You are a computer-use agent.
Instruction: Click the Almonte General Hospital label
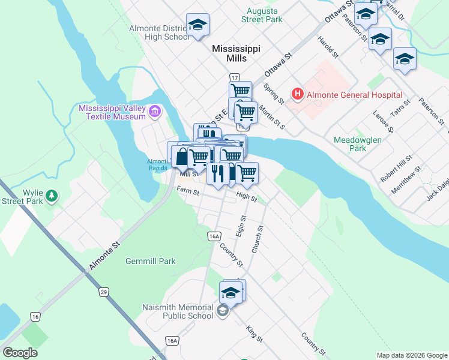tap(354, 95)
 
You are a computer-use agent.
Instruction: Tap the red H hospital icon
tap(297, 94)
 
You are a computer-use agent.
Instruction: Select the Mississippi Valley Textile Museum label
tap(112, 112)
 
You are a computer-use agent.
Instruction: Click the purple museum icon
tap(156, 112)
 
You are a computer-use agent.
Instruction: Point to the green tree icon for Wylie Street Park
tap(52, 196)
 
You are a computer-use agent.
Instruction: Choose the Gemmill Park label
tap(151, 261)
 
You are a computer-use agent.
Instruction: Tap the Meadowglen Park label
tap(358, 143)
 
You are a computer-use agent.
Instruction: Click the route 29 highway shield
tap(104, 292)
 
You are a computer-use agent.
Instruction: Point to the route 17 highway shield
tap(234, 77)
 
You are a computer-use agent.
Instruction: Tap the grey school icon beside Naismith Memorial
tap(223, 310)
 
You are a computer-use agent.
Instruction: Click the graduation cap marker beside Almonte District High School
tap(197, 25)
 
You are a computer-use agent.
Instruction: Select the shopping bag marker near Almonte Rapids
tap(181, 156)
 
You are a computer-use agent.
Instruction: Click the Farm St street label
tap(187, 190)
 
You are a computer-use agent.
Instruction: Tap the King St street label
tap(255, 334)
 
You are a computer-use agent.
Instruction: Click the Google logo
tap(20, 353)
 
